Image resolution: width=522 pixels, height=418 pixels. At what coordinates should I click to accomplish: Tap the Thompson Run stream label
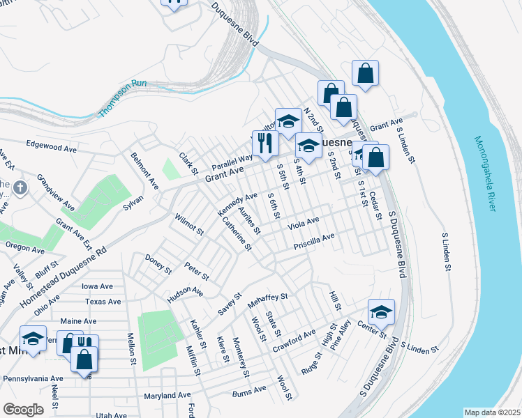123,98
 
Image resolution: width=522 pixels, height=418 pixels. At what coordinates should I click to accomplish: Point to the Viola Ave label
304,222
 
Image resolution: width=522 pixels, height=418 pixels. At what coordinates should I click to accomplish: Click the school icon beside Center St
381,312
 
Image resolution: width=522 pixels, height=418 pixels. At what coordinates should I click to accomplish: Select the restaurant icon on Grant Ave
265,144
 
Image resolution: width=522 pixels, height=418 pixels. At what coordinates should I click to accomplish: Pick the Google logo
23,409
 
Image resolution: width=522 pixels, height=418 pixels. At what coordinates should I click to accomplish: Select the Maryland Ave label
167,395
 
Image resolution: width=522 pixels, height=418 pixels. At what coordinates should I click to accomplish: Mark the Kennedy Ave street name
237,204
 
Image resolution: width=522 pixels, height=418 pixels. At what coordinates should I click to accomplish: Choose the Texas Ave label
103,302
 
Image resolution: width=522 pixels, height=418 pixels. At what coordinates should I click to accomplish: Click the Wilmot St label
188,224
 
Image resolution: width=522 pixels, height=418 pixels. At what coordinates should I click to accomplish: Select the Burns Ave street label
250,391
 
